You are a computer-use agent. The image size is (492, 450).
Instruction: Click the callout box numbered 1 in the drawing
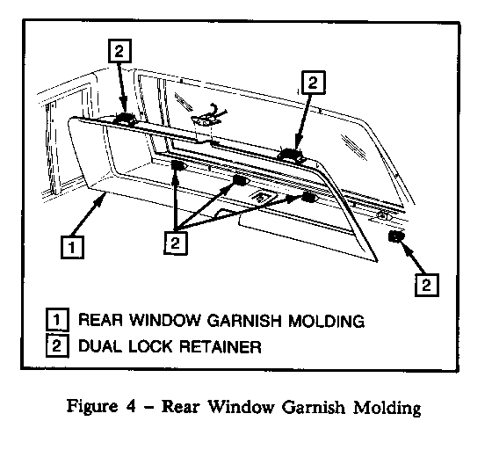click(72, 247)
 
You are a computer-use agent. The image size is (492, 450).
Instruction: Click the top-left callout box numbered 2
click(119, 51)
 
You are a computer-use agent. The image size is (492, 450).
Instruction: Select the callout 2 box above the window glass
click(313, 83)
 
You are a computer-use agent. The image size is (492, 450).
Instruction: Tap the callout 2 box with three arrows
click(176, 243)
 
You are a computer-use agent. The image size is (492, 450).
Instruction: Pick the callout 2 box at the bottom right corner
click(427, 285)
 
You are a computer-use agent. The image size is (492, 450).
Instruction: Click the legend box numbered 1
click(57, 319)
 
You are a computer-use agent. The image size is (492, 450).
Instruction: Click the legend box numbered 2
click(57, 345)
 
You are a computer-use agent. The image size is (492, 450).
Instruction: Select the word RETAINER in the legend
click(220, 346)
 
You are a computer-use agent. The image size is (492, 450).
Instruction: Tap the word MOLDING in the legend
click(326, 321)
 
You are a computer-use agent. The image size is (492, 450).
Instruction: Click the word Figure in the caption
click(92, 407)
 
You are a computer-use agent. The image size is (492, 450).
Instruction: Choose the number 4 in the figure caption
click(131, 406)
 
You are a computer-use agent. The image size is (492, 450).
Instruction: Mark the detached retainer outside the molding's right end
click(396, 236)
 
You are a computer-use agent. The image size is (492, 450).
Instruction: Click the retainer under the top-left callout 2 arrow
click(124, 119)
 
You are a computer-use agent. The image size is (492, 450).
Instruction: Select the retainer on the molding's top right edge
click(290, 155)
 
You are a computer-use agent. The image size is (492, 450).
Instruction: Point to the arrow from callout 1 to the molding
click(88, 214)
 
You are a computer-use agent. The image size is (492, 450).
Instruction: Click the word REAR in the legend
click(100, 320)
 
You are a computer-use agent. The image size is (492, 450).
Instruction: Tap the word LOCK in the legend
click(150, 346)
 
